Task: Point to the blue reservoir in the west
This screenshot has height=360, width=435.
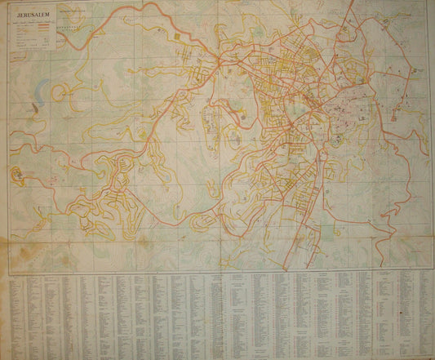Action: (x=32, y=106)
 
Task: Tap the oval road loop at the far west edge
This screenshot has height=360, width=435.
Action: (x=17, y=174)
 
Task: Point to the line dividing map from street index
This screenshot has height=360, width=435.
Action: (x=217, y=271)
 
